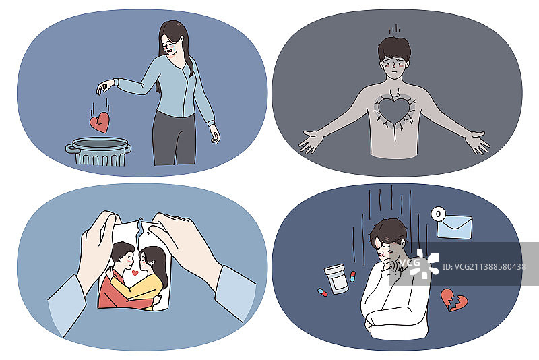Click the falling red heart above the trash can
(100, 123)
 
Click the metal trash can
(98, 151)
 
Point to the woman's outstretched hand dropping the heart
(104, 86)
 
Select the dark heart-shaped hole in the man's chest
(394, 110)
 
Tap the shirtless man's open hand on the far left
(312, 141)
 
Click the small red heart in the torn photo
(135, 273)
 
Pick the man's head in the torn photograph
(123, 253)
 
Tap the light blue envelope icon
(454, 227)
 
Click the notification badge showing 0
(438, 214)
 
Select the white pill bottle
(336, 279)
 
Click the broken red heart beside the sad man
(454, 300)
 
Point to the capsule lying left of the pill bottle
(323, 293)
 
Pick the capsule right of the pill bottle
(352, 276)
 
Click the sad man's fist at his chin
(395, 266)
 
